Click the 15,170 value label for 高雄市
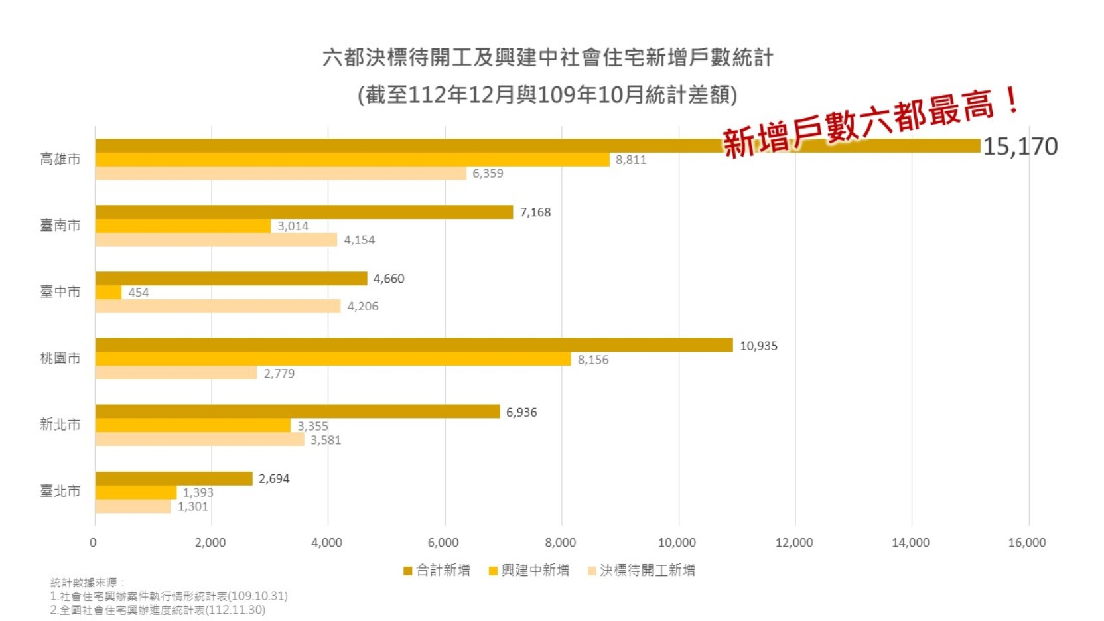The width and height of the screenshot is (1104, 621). pos(1020,147)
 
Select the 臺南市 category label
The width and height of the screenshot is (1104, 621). pos(60,226)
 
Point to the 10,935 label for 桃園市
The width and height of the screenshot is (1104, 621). pos(758,346)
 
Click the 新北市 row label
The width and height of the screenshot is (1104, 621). pos(60,425)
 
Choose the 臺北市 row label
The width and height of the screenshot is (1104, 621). pos(60,491)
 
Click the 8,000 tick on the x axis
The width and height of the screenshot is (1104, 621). pos(561,543)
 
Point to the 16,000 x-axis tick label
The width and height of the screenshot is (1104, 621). pos(1027,543)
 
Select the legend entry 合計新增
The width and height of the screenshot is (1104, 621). pos(437,571)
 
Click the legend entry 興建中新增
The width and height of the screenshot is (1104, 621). pos(529,571)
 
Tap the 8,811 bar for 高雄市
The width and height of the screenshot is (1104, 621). pos(352,160)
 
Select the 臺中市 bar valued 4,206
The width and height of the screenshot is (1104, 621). pos(218,306)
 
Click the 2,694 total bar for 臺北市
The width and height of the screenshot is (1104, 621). pos(174,478)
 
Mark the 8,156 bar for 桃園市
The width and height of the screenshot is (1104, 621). pos(332,359)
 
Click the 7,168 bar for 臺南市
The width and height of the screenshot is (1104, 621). pos(304,212)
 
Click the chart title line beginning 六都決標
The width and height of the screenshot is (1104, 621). pos(547,58)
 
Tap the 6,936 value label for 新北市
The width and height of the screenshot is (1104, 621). pos(521,412)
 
